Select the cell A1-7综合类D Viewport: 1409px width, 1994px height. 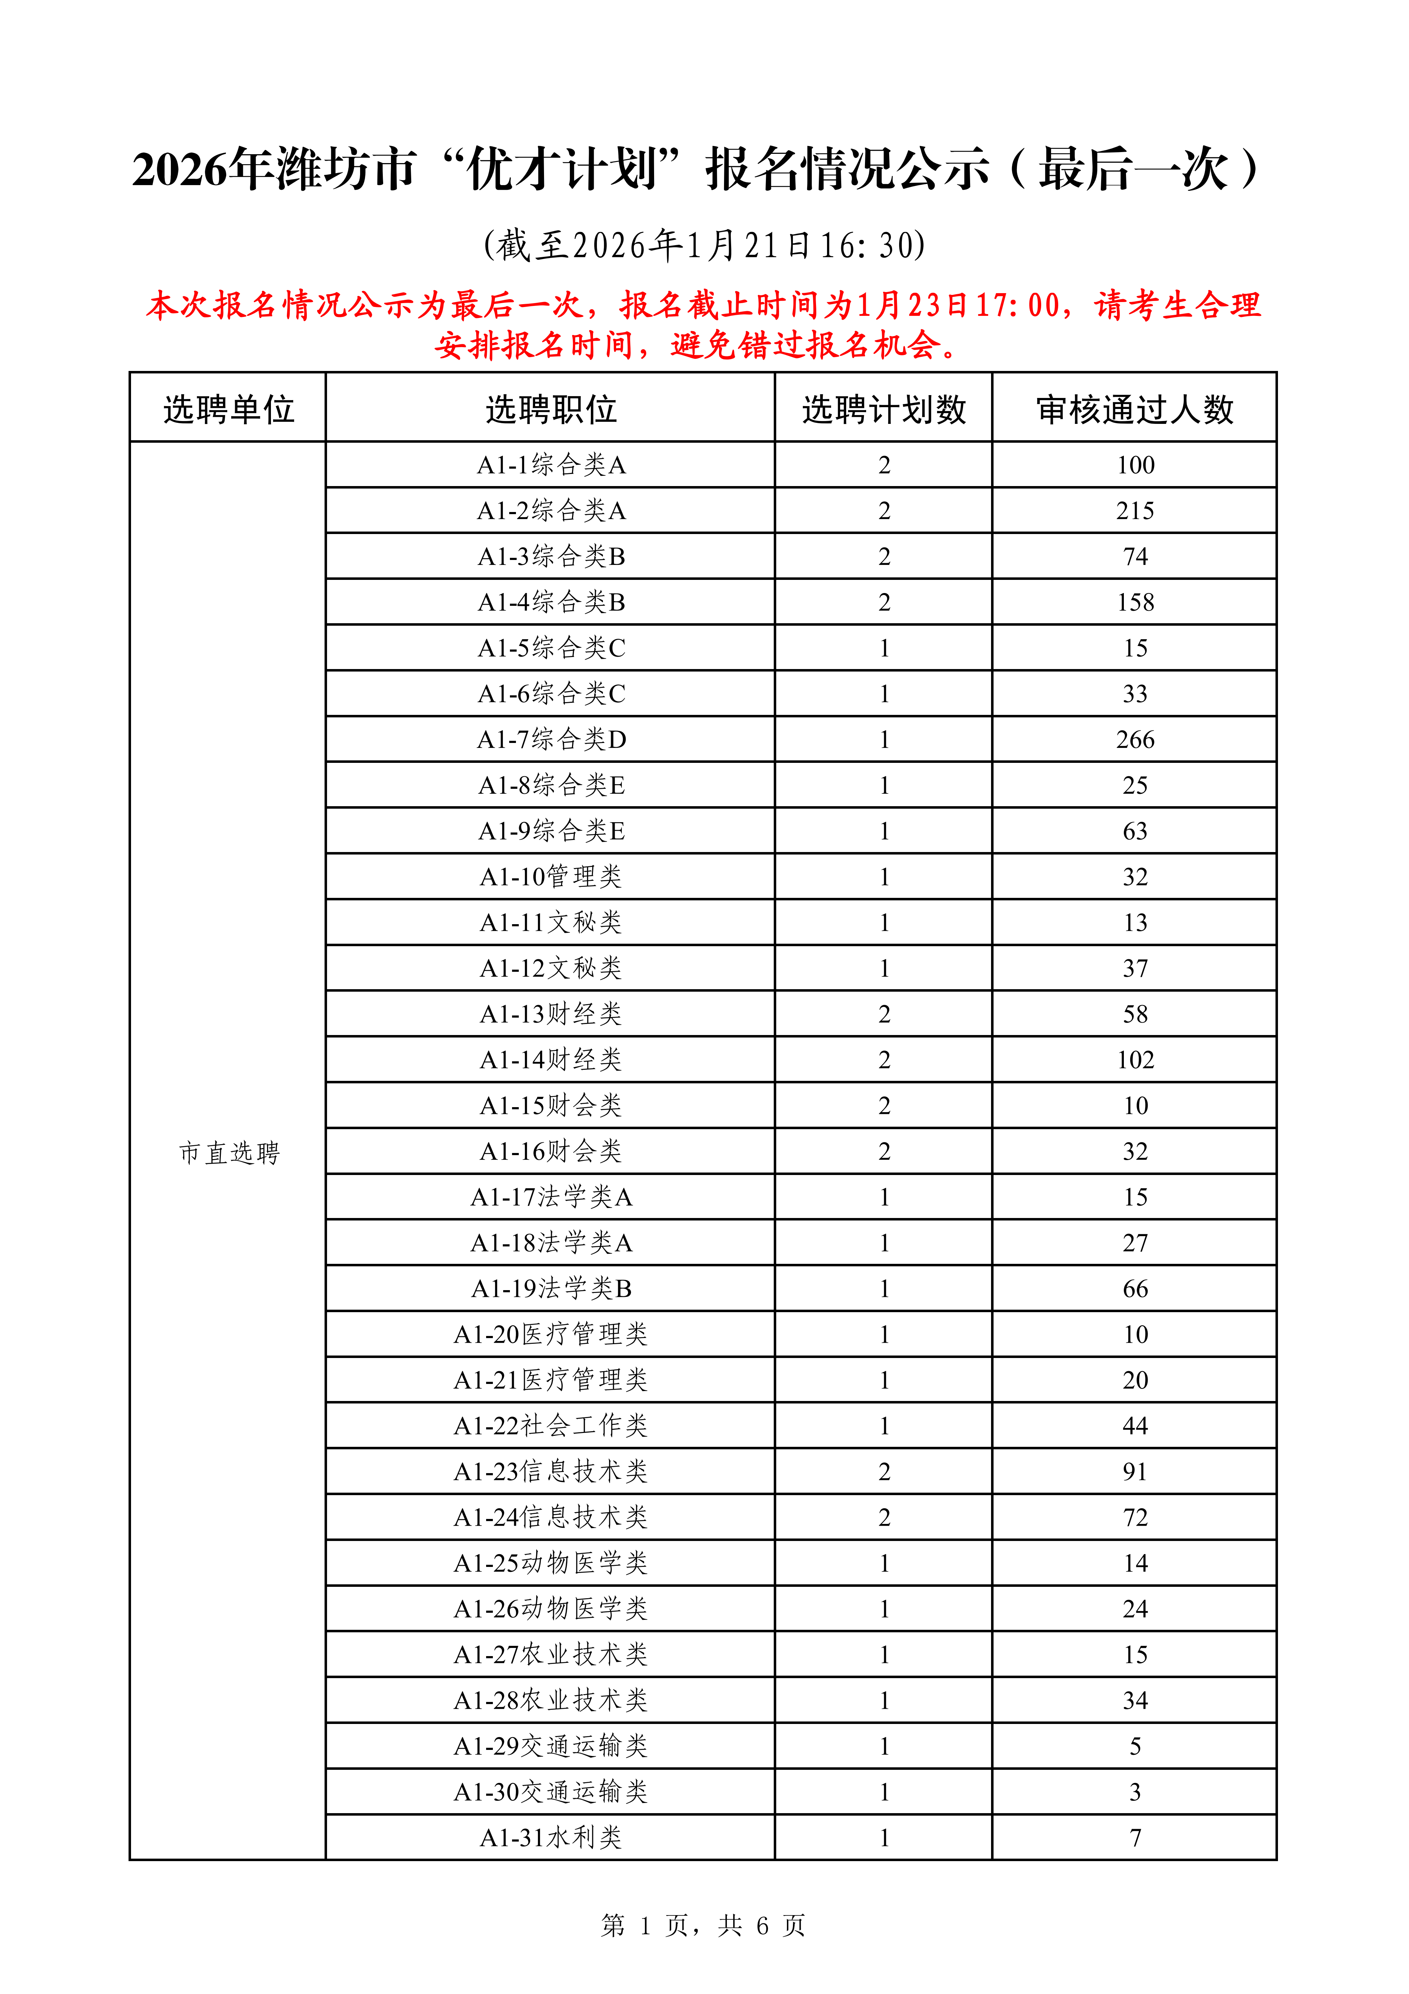[x=551, y=739]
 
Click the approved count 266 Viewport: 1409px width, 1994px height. [x=1135, y=739]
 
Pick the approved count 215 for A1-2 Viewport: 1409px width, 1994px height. [x=1135, y=511]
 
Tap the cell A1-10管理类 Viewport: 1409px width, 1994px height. [x=551, y=876]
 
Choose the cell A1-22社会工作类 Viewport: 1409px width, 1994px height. [x=551, y=1425]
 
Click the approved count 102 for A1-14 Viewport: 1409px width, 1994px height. [x=1135, y=1060]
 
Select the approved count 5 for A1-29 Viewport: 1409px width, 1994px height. [x=1135, y=1746]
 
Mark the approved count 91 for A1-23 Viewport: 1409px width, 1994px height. [x=1135, y=1471]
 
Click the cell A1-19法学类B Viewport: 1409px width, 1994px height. [x=551, y=1288]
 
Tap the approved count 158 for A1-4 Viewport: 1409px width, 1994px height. [x=1135, y=602]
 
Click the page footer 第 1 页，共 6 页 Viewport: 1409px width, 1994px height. [x=703, y=1925]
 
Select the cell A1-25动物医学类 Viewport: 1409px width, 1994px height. [x=551, y=1562]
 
